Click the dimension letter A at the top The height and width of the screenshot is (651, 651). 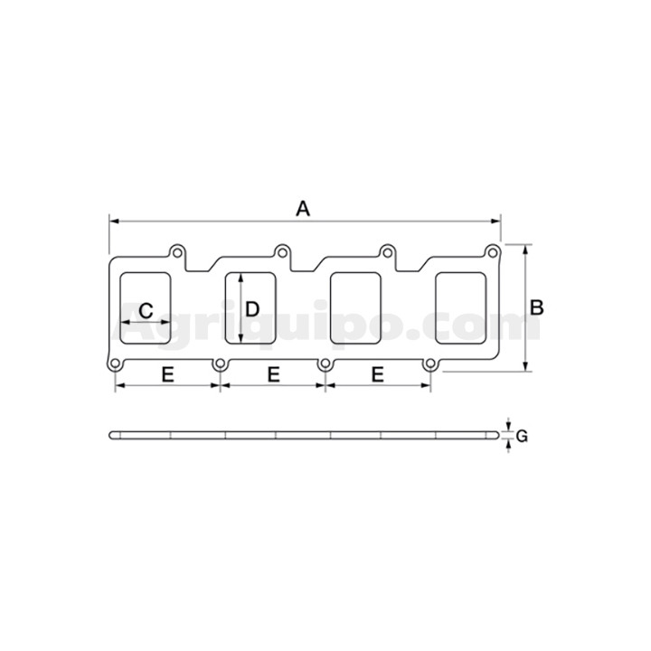303,209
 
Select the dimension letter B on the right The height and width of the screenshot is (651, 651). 537,308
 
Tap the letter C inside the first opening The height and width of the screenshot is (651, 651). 146,310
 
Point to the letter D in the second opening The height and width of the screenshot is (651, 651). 252,309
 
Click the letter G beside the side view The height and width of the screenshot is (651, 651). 522,436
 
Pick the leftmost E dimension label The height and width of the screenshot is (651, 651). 168,375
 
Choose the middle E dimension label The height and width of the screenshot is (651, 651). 274,375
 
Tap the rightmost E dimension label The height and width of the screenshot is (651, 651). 377,375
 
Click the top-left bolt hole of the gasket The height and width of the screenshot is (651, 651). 177,252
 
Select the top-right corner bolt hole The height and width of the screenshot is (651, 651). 493,252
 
